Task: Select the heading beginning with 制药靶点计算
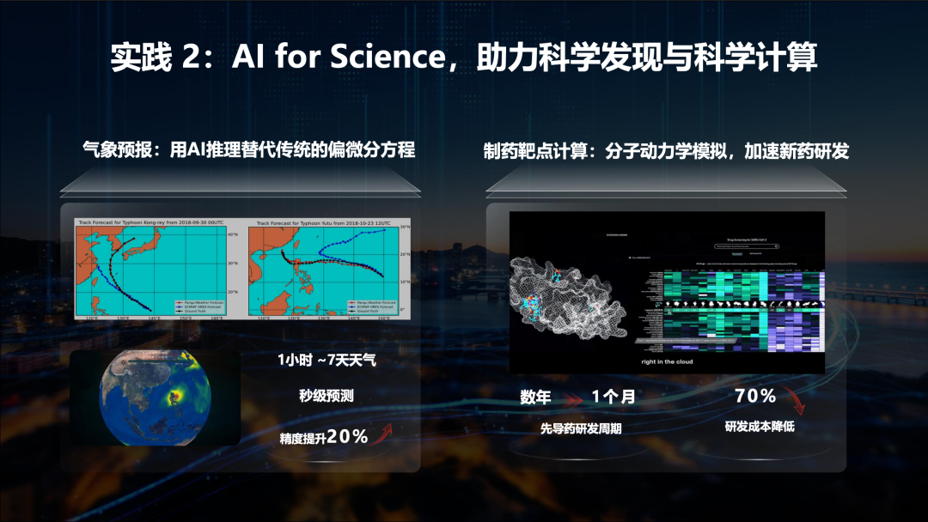[666, 151]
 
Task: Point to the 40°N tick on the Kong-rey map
[232, 234]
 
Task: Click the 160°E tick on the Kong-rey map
[217, 319]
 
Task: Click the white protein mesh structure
[571, 296]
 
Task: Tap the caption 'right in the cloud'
[667, 361]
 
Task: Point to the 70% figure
[756, 396]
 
